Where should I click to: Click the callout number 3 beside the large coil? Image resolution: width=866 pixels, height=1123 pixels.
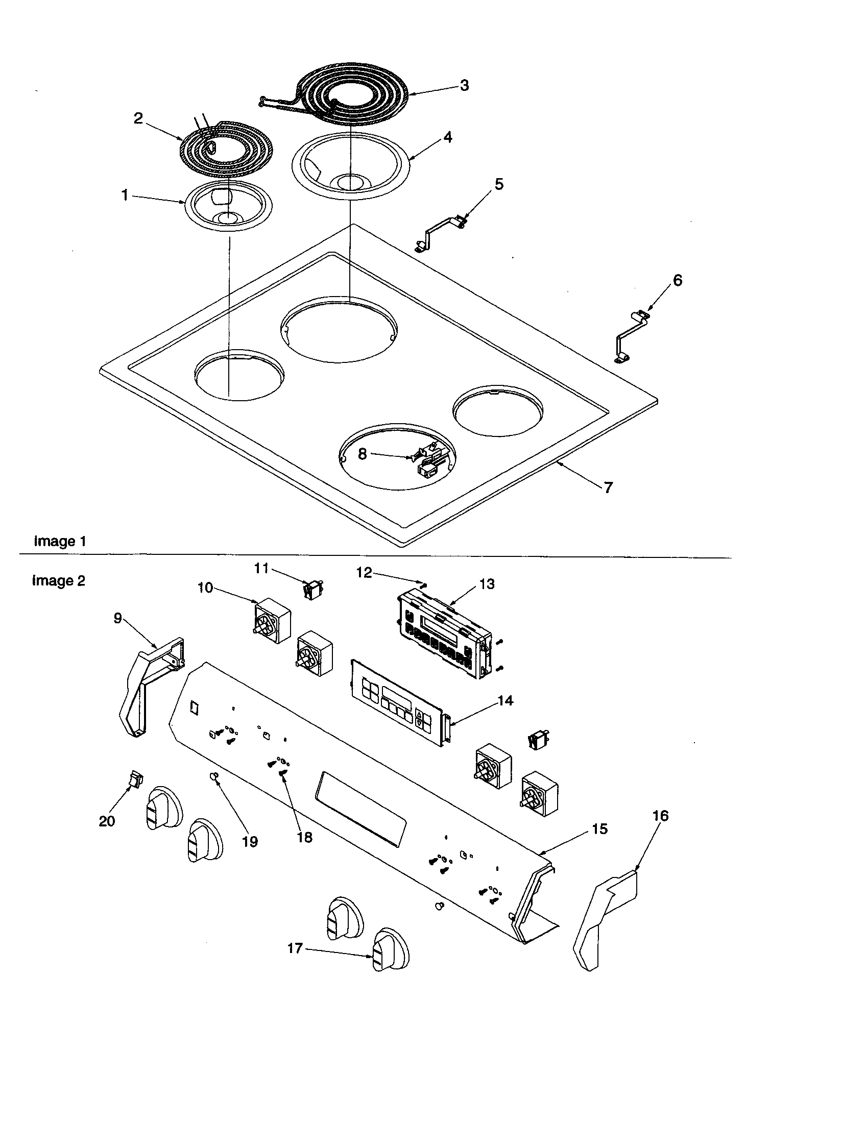click(464, 85)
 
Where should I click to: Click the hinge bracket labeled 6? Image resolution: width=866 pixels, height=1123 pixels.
click(631, 337)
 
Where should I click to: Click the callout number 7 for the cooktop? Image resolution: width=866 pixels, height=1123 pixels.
click(608, 487)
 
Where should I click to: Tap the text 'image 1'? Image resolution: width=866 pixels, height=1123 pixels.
click(60, 542)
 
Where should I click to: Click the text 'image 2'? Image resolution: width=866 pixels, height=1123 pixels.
click(59, 581)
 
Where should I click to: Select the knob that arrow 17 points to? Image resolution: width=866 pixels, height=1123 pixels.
click(389, 957)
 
